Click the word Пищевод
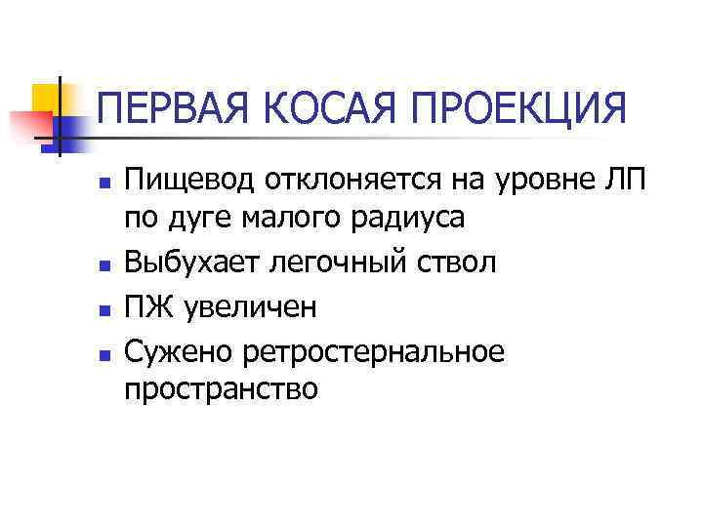186,182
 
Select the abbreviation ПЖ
145,307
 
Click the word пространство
221,389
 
